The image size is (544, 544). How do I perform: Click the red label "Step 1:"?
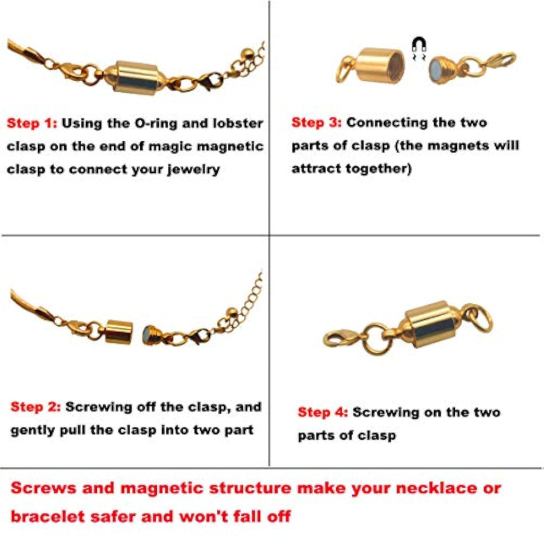[x=32, y=123]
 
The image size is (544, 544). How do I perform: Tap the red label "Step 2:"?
[x=36, y=407]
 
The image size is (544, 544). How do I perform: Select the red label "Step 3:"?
[x=317, y=123]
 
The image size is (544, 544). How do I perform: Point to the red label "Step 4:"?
[x=323, y=412]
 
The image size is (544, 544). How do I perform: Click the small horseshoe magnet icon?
[x=419, y=45]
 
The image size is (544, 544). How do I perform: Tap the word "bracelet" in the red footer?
[x=47, y=516]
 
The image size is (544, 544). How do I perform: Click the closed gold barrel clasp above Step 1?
[x=135, y=78]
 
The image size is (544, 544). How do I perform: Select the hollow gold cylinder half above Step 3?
[x=380, y=65]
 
